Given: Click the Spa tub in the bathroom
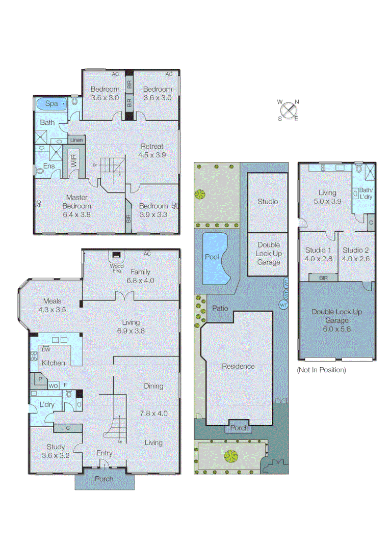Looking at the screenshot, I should click(51, 103).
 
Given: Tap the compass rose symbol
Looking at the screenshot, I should click(288, 109).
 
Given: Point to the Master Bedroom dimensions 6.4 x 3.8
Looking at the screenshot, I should click(76, 214).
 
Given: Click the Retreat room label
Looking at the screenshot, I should click(153, 146).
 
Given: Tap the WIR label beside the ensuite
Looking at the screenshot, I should click(74, 163).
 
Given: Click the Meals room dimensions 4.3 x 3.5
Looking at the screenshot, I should click(52, 309).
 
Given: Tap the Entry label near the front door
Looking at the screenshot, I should click(105, 453).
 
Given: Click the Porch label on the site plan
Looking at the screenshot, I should click(239, 428).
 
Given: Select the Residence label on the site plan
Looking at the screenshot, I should click(238, 366).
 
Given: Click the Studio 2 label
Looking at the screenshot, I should click(356, 250).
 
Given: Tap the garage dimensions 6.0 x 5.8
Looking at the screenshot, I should click(337, 328).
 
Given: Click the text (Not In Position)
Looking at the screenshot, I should click(321, 370).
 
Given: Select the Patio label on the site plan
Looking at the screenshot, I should click(220, 308).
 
